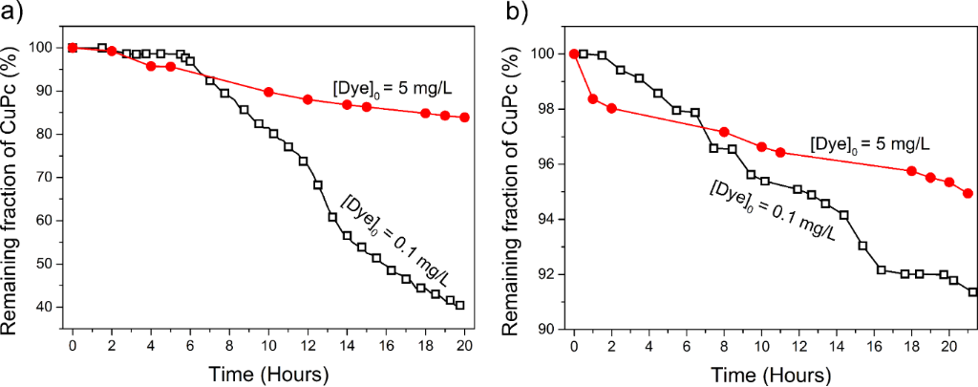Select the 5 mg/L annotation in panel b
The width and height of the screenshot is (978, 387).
(869, 144)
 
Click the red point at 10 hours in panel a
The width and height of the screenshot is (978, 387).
(268, 92)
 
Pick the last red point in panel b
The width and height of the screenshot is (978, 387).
(967, 193)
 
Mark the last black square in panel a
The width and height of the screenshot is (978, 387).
(460, 306)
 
